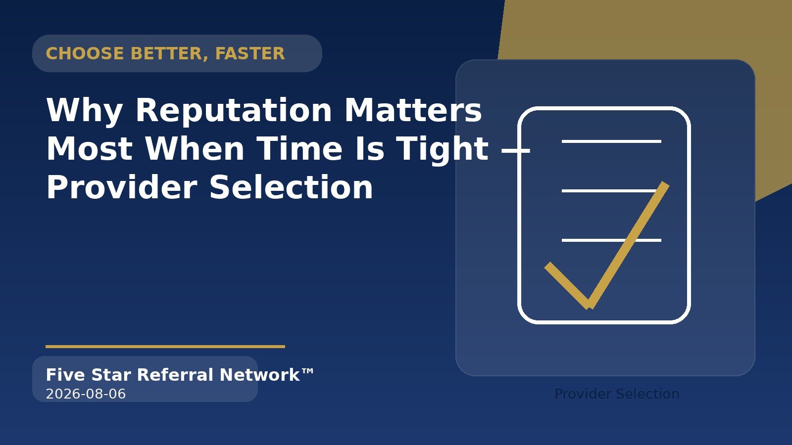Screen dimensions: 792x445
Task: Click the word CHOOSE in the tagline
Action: [85, 54]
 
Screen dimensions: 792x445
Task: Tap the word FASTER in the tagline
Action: [250, 54]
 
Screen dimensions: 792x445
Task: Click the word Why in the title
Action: [85, 111]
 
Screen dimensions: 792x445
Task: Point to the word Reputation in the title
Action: [234, 111]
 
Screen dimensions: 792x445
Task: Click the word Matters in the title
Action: [413, 110]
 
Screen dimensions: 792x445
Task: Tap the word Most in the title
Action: [90, 149]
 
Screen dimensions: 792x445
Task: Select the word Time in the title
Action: [300, 149]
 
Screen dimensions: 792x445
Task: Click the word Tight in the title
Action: [443, 151]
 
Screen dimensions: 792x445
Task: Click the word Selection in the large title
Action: [292, 187]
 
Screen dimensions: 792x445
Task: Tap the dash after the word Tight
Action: [516, 151]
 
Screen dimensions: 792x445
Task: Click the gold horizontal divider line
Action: [165, 347]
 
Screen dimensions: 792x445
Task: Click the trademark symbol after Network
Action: [307, 371]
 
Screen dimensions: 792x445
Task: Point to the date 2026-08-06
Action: [86, 394]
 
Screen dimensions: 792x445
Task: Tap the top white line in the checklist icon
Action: [611, 141]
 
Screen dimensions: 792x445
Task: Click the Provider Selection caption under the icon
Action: [617, 394]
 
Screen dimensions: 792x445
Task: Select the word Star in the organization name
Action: [111, 375]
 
